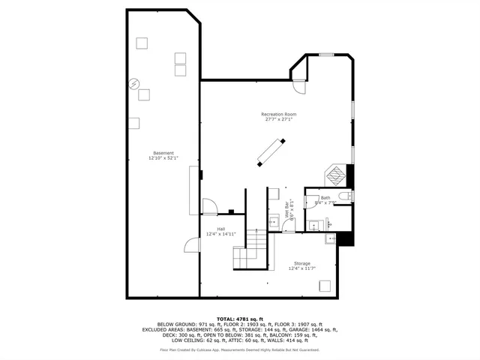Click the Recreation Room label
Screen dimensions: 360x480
278,114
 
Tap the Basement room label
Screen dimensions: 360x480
163,153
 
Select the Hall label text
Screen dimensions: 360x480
221,229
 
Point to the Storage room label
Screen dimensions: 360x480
301,263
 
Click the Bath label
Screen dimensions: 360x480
325,198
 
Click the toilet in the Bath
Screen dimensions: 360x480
343,196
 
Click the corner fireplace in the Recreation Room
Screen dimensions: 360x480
339,175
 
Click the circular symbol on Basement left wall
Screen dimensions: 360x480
134,83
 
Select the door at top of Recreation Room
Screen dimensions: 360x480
299,85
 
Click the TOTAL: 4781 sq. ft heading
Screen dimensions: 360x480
239,318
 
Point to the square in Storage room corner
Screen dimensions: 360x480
325,285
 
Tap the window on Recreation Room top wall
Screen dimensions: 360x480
326,55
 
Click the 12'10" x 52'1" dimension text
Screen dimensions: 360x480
163,158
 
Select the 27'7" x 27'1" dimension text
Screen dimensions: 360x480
278,119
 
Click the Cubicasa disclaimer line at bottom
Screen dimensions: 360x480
239,349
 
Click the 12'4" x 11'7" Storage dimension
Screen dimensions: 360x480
301,268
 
